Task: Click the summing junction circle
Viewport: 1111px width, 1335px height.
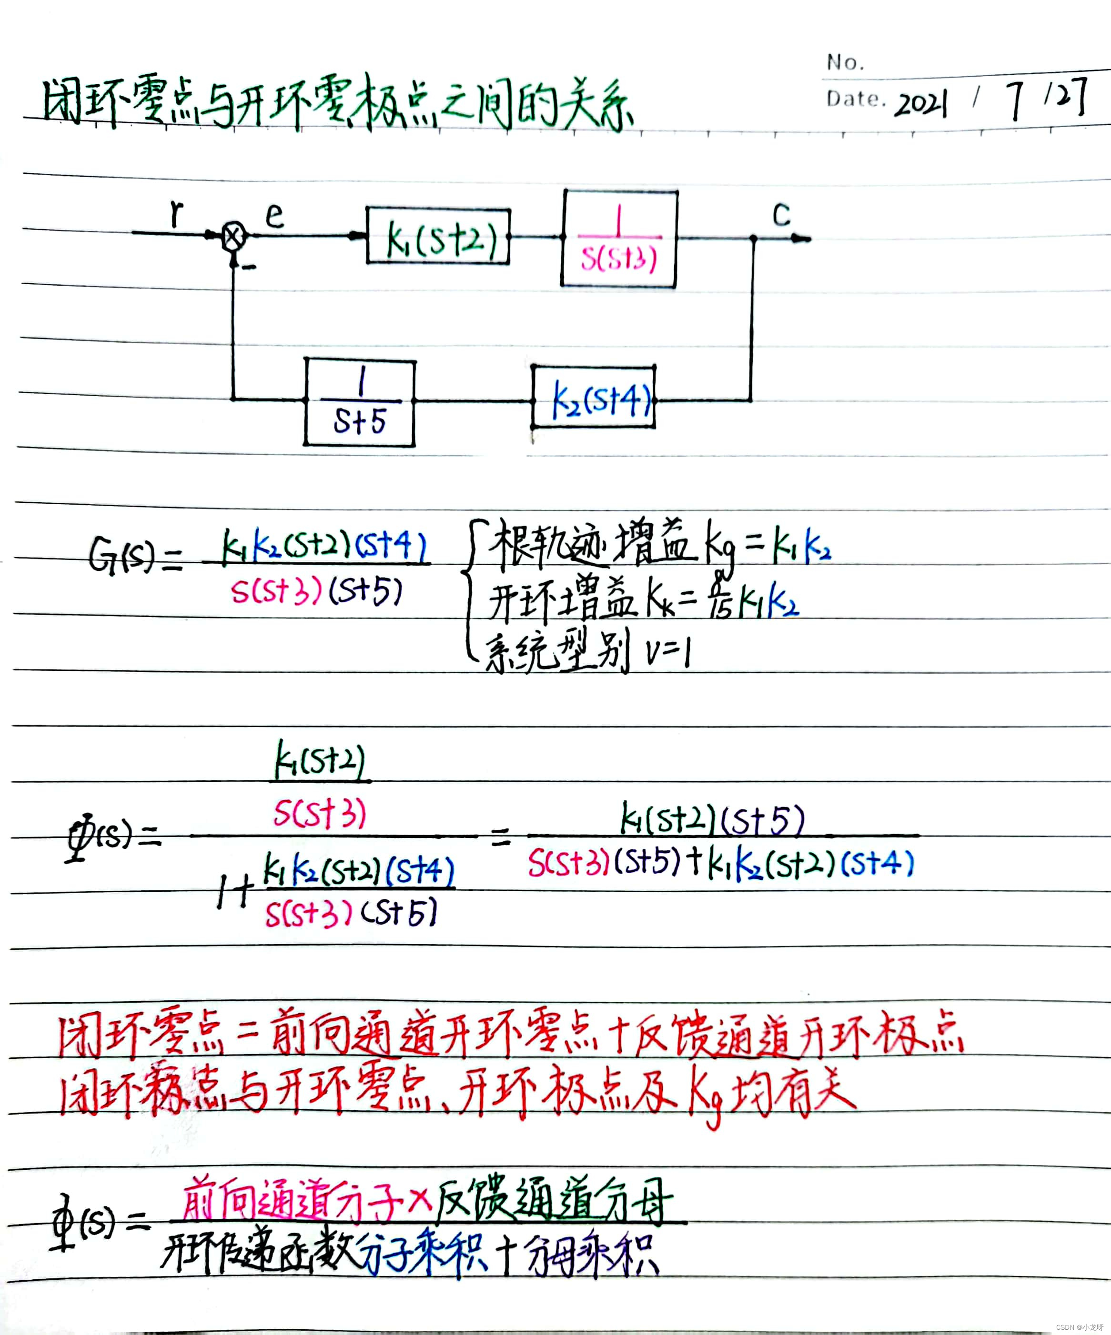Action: pos(233,237)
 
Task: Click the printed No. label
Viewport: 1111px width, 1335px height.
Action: pos(845,62)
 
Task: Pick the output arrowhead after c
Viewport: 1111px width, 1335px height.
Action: pos(801,239)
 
